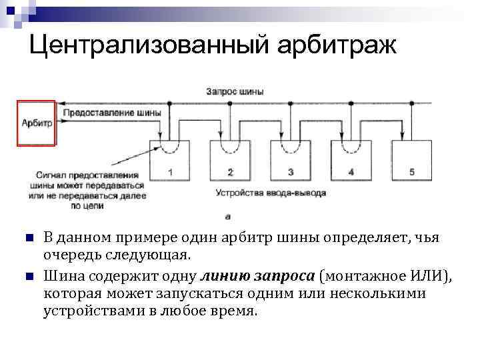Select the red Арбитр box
coord(37,123)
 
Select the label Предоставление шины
coord(113,113)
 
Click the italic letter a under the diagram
coord(228,215)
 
